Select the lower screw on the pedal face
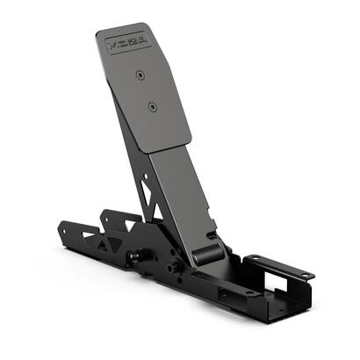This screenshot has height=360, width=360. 153,107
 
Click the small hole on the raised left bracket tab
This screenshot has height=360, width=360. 108,215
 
